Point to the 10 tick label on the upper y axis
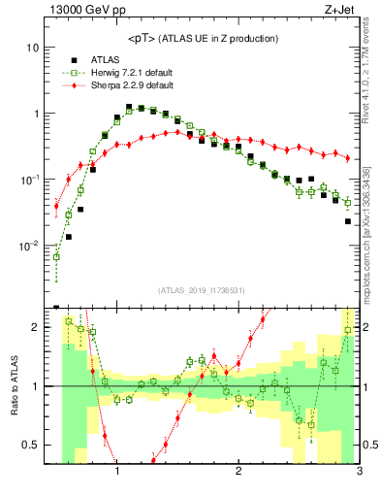point(32,48)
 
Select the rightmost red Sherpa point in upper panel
point(348,157)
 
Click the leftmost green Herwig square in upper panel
point(56,256)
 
